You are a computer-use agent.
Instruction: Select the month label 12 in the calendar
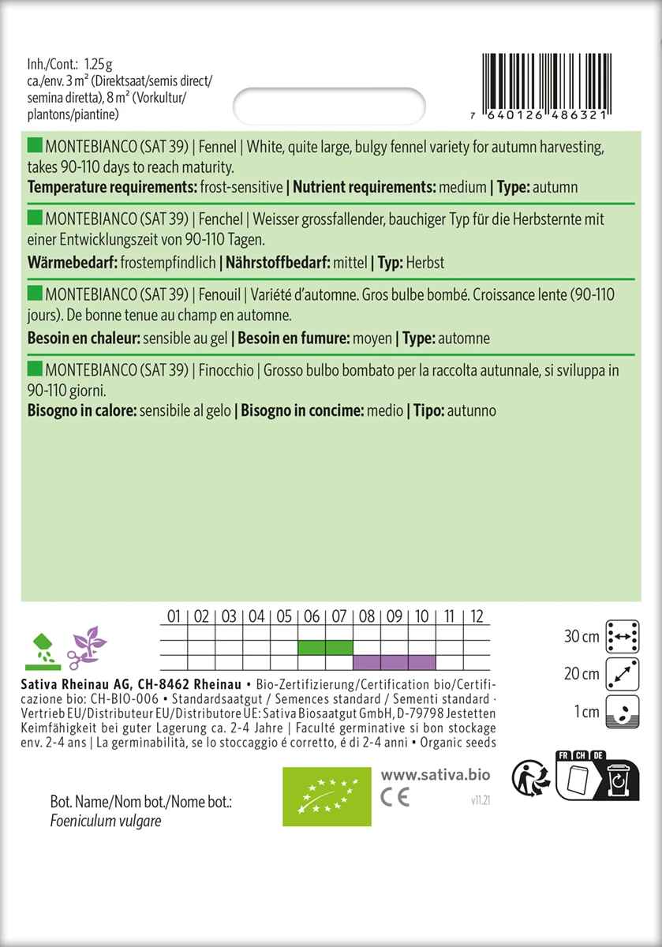click(477, 616)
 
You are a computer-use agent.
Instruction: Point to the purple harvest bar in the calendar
click(394, 662)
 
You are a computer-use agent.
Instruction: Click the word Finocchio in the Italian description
click(225, 369)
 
